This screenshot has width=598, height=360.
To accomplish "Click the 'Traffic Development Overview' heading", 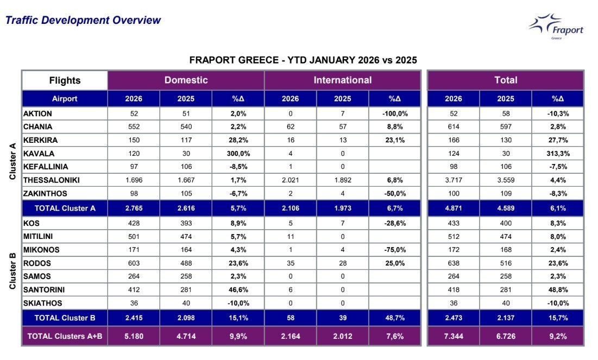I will point(83,21).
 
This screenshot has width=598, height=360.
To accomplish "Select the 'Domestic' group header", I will point(186,80).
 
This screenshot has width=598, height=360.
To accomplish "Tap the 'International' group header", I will point(342,80).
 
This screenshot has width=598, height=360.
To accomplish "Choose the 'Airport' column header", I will point(65,99).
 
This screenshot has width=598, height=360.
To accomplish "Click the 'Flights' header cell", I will point(65,80).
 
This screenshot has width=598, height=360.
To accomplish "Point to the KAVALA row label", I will point(39,154).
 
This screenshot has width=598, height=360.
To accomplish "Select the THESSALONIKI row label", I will point(51,180).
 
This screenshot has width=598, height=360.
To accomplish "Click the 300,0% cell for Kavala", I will point(238,154).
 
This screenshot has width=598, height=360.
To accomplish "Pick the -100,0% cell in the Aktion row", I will point(394,114).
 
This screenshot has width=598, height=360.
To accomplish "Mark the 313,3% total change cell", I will point(557,154).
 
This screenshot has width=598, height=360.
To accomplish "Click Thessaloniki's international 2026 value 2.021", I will point(290,180).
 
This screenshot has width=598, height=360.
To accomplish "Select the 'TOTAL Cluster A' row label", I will point(65,208).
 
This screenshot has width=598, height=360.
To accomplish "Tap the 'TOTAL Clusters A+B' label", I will point(65,336).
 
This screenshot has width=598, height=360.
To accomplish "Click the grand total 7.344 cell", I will point(453,336).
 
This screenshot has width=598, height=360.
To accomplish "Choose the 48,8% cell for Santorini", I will point(557,290).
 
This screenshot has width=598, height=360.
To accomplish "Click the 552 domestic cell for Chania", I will point(134,127).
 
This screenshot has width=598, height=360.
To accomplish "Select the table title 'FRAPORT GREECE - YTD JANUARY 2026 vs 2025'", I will point(303,60).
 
